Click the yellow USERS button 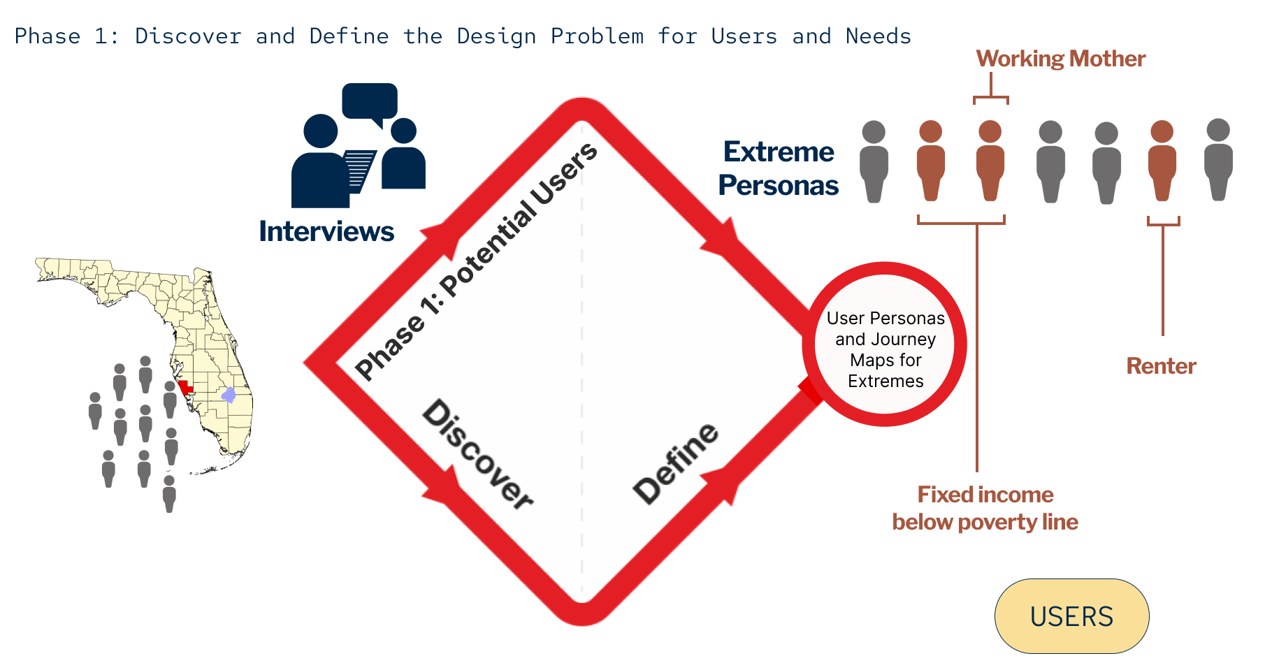coord(1071,616)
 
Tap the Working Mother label coord(1060,59)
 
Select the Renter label coord(1161,365)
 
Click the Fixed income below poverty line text coord(985,508)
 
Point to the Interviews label coord(326,231)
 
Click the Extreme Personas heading coord(779,168)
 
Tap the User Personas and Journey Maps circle coord(885,344)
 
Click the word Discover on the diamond coord(477,454)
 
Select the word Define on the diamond coord(675,462)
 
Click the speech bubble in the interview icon coord(370,101)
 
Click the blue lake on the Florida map coord(229,395)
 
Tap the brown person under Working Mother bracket coord(990,161)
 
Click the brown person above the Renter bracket coord(1162,161)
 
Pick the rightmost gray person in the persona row coord(1218,159)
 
